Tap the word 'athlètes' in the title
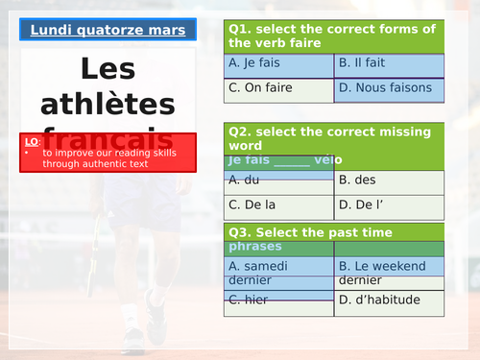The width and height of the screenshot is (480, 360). pos(107,105)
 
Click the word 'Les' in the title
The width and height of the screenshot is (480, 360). pos(107,69)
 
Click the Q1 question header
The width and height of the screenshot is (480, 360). pos(334,36)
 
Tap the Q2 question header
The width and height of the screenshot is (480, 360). pos(334,136)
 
